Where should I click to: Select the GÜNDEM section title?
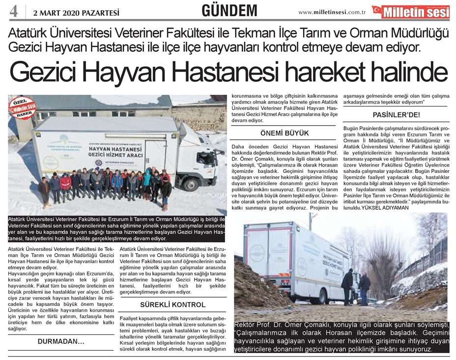point(229,10)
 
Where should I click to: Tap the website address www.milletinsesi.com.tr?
point(339,12)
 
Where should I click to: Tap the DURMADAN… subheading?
point(61,341)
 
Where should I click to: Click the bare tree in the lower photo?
point(378,255)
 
